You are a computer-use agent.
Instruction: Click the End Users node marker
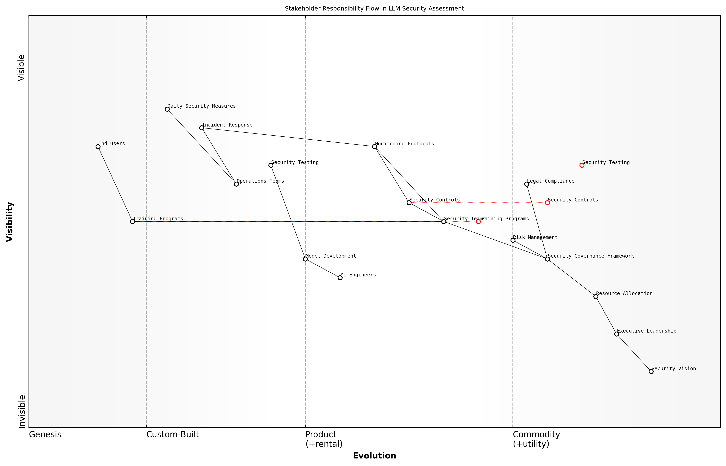click(98, 147)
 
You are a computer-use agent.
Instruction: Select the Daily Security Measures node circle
click(167, 109)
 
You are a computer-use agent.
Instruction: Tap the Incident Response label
click(227, 125)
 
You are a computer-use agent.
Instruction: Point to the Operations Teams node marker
click(236, 184)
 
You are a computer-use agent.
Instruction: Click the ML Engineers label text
click(358, 275)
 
